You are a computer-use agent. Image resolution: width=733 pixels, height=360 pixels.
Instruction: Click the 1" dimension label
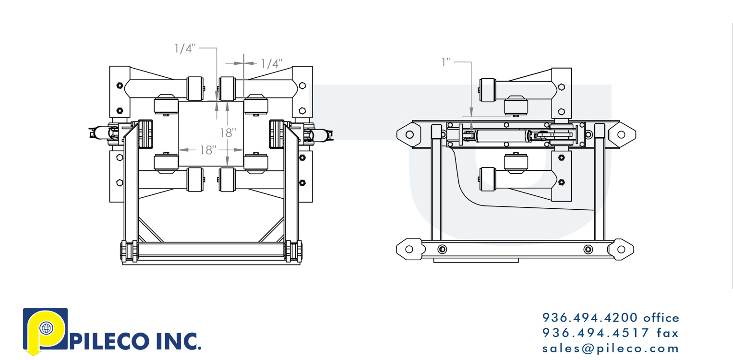[446, 62]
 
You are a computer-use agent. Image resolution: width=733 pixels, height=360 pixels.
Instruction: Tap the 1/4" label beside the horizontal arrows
[271, 63]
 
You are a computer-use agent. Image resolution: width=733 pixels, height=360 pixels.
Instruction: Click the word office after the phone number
[661, 318]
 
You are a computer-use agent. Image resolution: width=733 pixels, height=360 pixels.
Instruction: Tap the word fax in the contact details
[667, 333]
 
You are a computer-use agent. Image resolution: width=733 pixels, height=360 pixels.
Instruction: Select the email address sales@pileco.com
[611, 348]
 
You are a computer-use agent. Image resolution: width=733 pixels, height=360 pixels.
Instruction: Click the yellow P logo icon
[45, 331]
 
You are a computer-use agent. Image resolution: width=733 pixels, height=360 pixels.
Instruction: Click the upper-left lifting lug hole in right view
[409, 134]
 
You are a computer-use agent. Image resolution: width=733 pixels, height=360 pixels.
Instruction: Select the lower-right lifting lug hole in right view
[621, 249]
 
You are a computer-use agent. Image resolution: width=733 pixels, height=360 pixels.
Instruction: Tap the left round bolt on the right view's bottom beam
[442, 249]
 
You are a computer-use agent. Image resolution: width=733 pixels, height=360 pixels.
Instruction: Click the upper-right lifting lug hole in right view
[621, 134]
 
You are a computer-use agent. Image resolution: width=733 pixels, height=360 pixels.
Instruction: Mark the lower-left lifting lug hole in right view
[409, 249]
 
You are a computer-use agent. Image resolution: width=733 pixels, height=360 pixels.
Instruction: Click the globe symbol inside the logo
[47, 328]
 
